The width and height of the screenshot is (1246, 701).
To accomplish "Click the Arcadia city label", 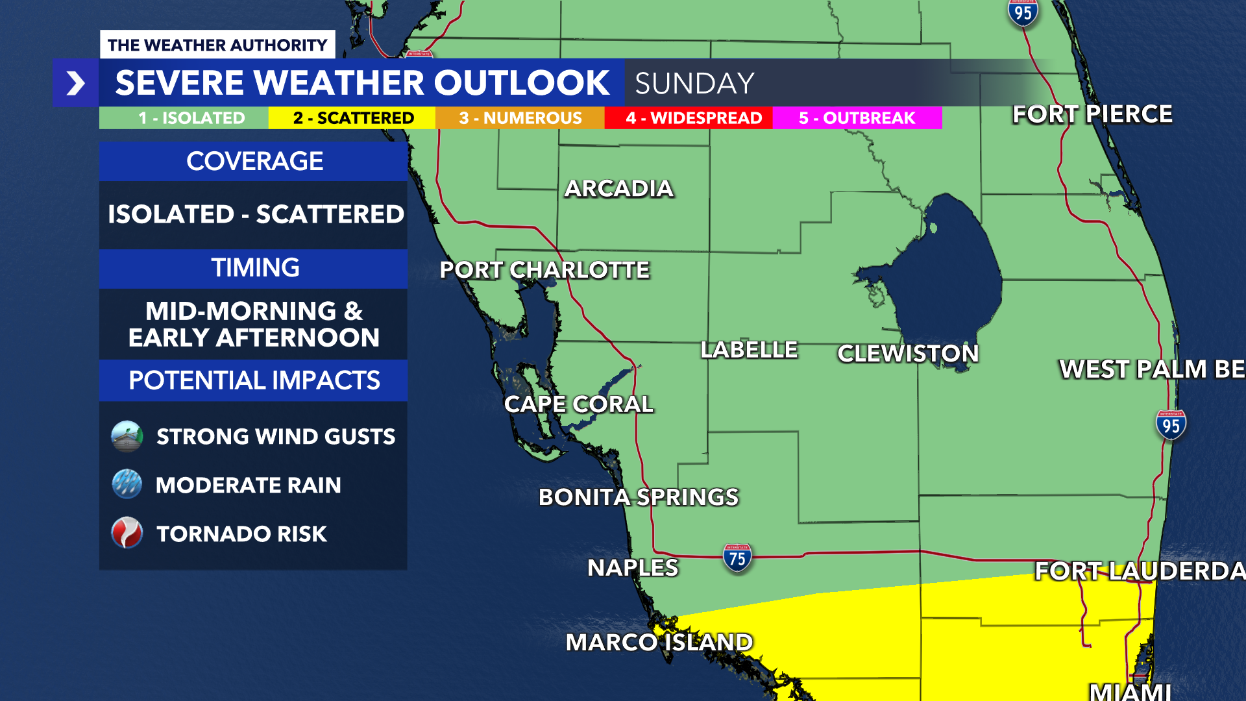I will pos(618,189).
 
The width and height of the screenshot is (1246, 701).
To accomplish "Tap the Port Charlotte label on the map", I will pos(544,270).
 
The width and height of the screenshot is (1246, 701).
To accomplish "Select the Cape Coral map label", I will pos(578,404).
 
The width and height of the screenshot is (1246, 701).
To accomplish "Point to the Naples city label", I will pos(632,568).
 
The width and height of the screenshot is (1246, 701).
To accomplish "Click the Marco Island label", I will pos(659,643).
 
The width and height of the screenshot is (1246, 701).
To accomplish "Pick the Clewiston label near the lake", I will pos(907,354).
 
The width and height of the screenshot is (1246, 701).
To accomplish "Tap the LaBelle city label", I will pos(749,350).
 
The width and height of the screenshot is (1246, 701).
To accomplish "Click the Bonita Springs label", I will pos(638,497).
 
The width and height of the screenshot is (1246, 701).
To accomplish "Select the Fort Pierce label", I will pos(1092,114).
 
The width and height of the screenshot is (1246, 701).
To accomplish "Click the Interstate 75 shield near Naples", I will pos(737,558).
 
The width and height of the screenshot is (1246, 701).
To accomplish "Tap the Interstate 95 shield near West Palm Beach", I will pos(1171,425).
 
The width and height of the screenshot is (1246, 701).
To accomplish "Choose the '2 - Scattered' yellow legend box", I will pos(352,118).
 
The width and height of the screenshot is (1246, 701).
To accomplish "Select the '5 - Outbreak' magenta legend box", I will pos(857,118).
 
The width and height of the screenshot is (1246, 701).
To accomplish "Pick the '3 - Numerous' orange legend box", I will pos(520,118).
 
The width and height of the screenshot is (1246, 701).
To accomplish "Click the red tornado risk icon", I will pos(127,533).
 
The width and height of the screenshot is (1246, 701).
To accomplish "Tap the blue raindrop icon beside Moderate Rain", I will pos(127,484).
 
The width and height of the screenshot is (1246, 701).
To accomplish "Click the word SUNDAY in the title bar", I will pos(694,84).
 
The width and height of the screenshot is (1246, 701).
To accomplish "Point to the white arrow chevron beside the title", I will pos(76,83).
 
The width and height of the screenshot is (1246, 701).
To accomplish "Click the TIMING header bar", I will pos(254,268).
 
